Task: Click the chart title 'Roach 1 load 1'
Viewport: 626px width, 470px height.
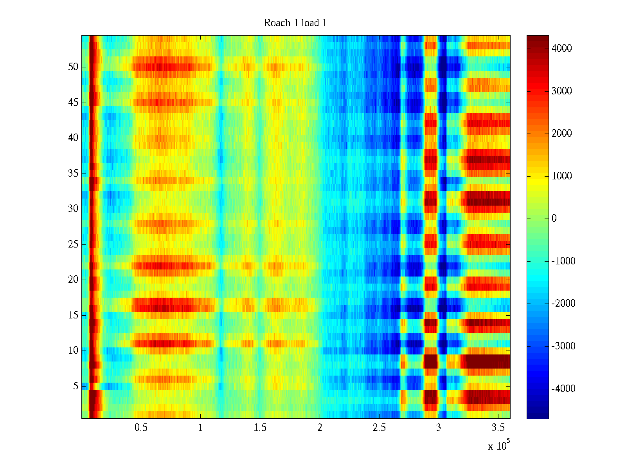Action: pos(295,23)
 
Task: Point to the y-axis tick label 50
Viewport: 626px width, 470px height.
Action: pos(73,67)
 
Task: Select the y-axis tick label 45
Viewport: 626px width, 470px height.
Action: pos(73,103)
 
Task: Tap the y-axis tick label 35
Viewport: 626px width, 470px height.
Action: pos(73,174)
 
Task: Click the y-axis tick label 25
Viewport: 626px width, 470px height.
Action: pos(73,244)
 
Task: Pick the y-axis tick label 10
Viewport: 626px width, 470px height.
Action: pos(73,351)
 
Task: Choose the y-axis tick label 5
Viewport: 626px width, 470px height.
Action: pos(76,386)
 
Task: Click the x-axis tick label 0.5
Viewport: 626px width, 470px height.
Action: pos(141,427)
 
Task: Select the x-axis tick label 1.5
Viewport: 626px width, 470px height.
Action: pos(260,427)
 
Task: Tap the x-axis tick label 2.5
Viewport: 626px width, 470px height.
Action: pos(379,427)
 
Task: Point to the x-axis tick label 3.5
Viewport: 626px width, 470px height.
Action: pos(498,427)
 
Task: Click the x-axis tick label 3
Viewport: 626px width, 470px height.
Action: pos(439,427)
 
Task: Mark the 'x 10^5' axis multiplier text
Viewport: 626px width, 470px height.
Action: pos(499,445)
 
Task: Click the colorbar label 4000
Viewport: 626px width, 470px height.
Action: pos(561,49)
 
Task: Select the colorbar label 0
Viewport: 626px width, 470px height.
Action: pos(554,219)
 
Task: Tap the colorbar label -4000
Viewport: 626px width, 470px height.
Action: pos(563,389)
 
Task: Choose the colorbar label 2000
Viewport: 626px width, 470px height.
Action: pos(561,134)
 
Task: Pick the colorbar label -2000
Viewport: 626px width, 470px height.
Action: pos(563,304)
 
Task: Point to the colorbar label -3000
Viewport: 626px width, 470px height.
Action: pos(563,346)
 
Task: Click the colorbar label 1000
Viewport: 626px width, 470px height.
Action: pos(561,176)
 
